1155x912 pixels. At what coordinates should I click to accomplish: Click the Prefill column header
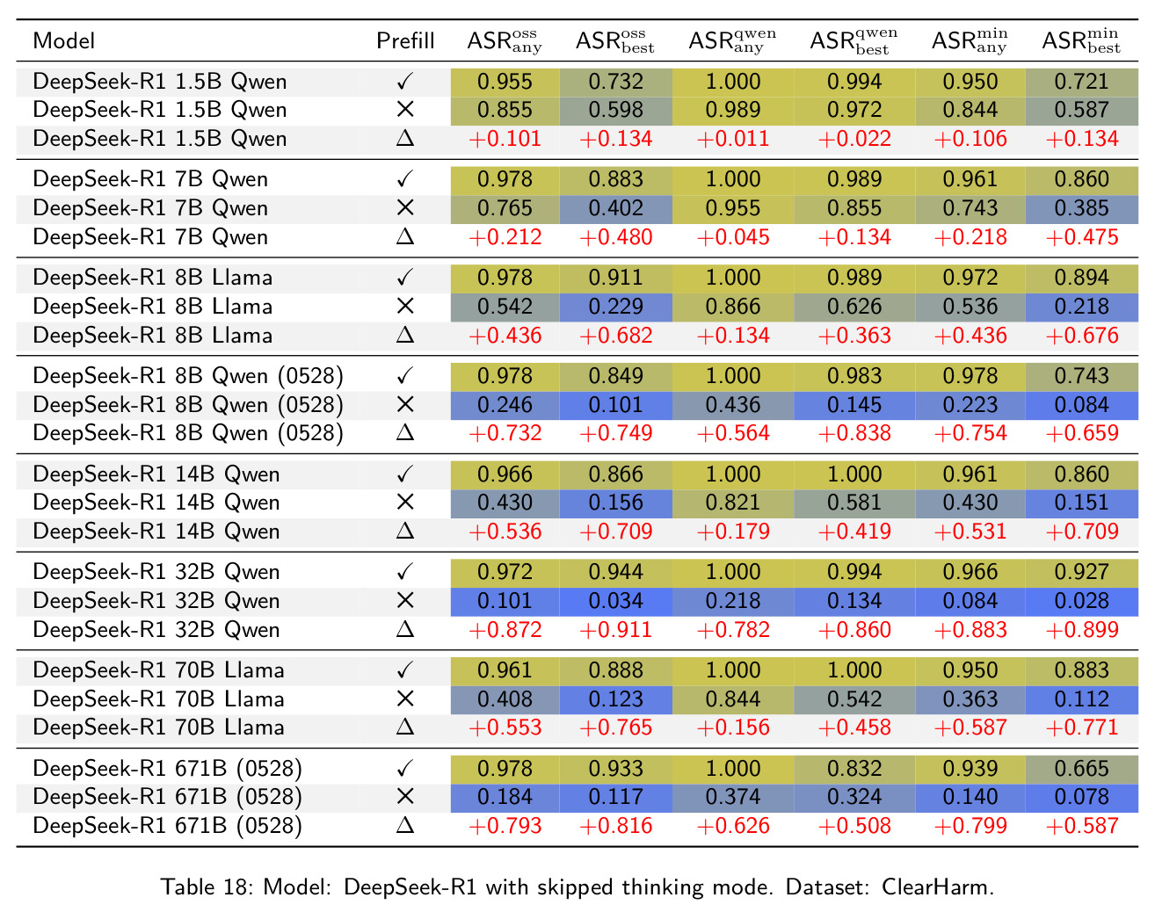tap(404, 40)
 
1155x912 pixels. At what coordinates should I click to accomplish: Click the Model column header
tap(64, 40)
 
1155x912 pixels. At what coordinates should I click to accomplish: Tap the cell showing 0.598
tap(615, 110)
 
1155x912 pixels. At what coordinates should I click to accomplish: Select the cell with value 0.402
tap(615, 208)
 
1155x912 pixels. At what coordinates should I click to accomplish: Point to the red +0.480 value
tap(615, 237)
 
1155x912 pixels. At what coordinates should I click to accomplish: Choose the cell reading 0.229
tap(615, 307)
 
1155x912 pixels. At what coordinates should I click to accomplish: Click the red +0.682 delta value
tap(615, 336)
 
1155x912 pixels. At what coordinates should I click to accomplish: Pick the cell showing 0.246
tap(505, 404)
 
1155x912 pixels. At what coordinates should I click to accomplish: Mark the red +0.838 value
tap(854, 433)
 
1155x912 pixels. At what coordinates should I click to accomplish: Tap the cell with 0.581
tap(854, 503)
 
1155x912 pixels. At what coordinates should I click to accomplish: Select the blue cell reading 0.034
tap(615, 601)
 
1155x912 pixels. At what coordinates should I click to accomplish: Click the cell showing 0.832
tap(854, 769)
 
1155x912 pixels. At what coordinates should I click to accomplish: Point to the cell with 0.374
tap(732, 797)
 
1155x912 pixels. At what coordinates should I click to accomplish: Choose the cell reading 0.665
tap(1081, 769)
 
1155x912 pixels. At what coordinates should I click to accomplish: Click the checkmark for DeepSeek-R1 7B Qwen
tap(404, 178)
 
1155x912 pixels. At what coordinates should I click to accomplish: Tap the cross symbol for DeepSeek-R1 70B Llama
tap(404, 699)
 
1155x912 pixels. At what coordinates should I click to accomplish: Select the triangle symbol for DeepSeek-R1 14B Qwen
tap(404, 531)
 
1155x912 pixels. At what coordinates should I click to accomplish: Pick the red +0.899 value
tap(1082, 630)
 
